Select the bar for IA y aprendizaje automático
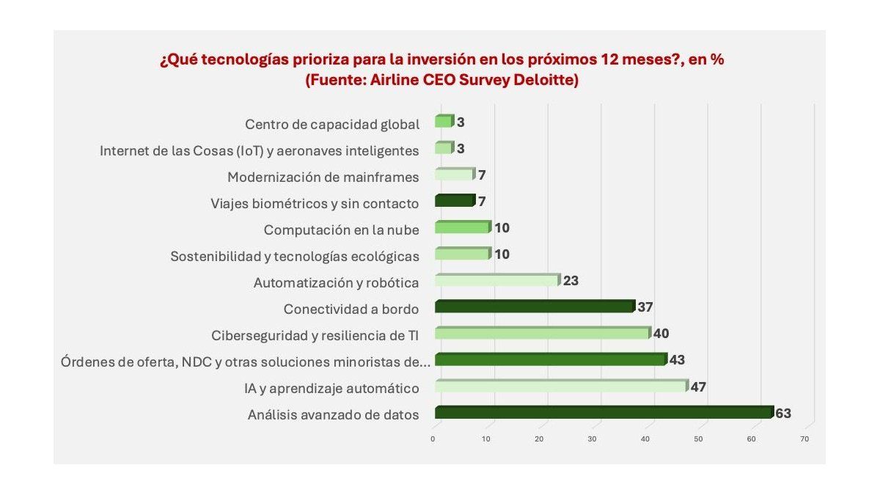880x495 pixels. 561,386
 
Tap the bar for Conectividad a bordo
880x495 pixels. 534,307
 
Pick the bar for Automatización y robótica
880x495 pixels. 497,280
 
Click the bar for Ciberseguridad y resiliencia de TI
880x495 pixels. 543,333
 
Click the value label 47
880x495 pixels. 698,386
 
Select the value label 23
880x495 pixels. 571,281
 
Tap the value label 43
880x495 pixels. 677,360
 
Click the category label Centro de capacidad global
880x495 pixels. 332,124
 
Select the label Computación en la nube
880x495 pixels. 341,230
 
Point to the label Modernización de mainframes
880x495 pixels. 323,177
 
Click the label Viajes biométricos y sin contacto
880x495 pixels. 315,203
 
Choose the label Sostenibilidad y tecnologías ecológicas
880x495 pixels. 295,256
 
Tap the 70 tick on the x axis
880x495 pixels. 804,439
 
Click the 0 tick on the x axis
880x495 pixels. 433,439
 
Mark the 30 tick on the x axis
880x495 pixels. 592,439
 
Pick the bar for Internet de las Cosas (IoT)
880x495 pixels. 444,148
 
